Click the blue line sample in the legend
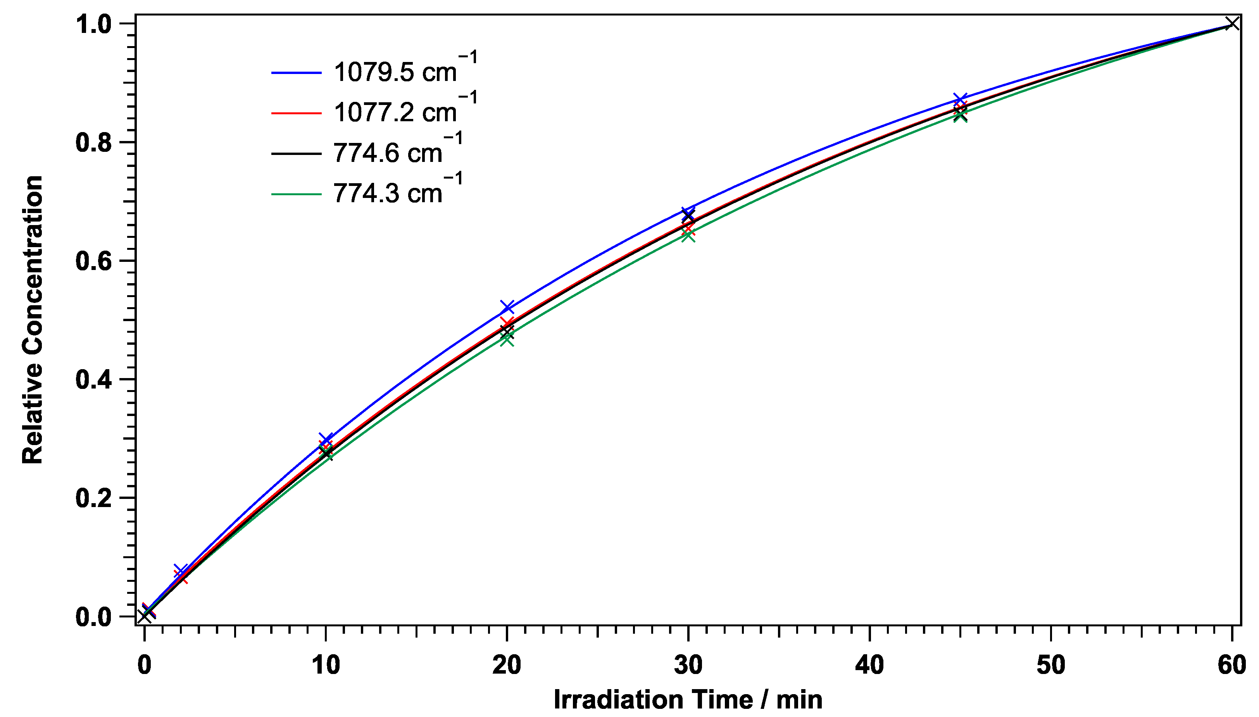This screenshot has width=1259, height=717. coord(296,73)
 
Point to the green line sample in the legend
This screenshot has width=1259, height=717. coord(296,194)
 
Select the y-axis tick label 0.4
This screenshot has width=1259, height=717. coord(94,380)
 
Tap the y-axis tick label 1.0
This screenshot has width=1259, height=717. coord(94,24)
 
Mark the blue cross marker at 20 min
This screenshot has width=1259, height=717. coord(507,307)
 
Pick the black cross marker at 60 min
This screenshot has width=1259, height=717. coord(1232,23)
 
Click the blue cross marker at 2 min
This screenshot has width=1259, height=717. coord(181,571)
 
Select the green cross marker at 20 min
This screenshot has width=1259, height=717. coord(507,339)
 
